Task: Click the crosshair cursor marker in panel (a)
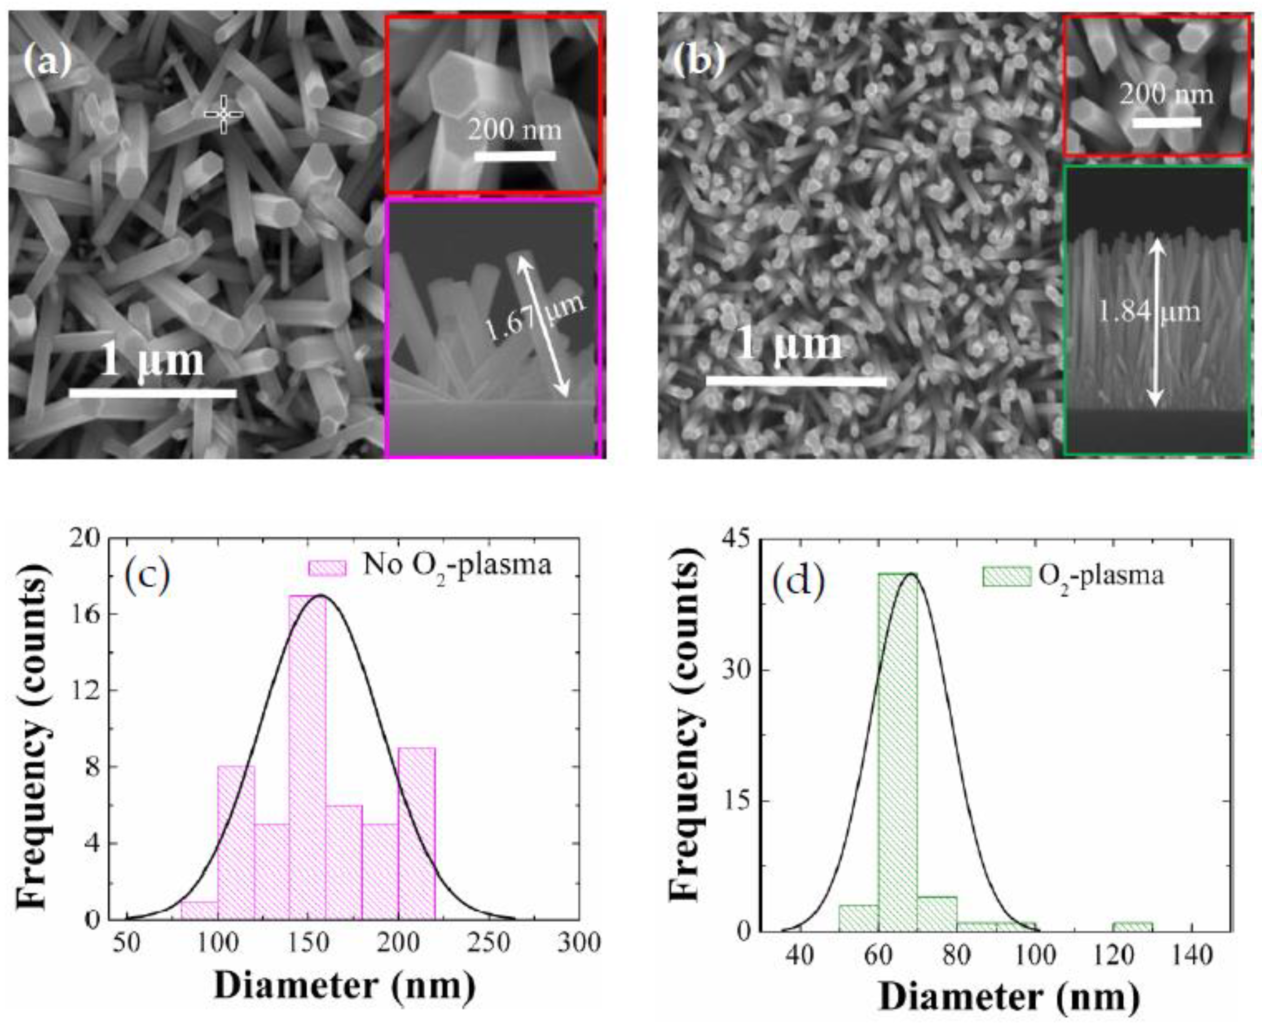pyautogui.click(x=223, y=114)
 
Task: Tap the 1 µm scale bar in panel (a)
pyautogui.click(x=153, y=393)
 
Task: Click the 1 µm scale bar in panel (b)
pyautogui.click(x=796, y=381)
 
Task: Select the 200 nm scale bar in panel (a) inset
pyautogui.click(x=515, y=156)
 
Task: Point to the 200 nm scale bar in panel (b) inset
pyautogui.click(x=1167, y=122)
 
